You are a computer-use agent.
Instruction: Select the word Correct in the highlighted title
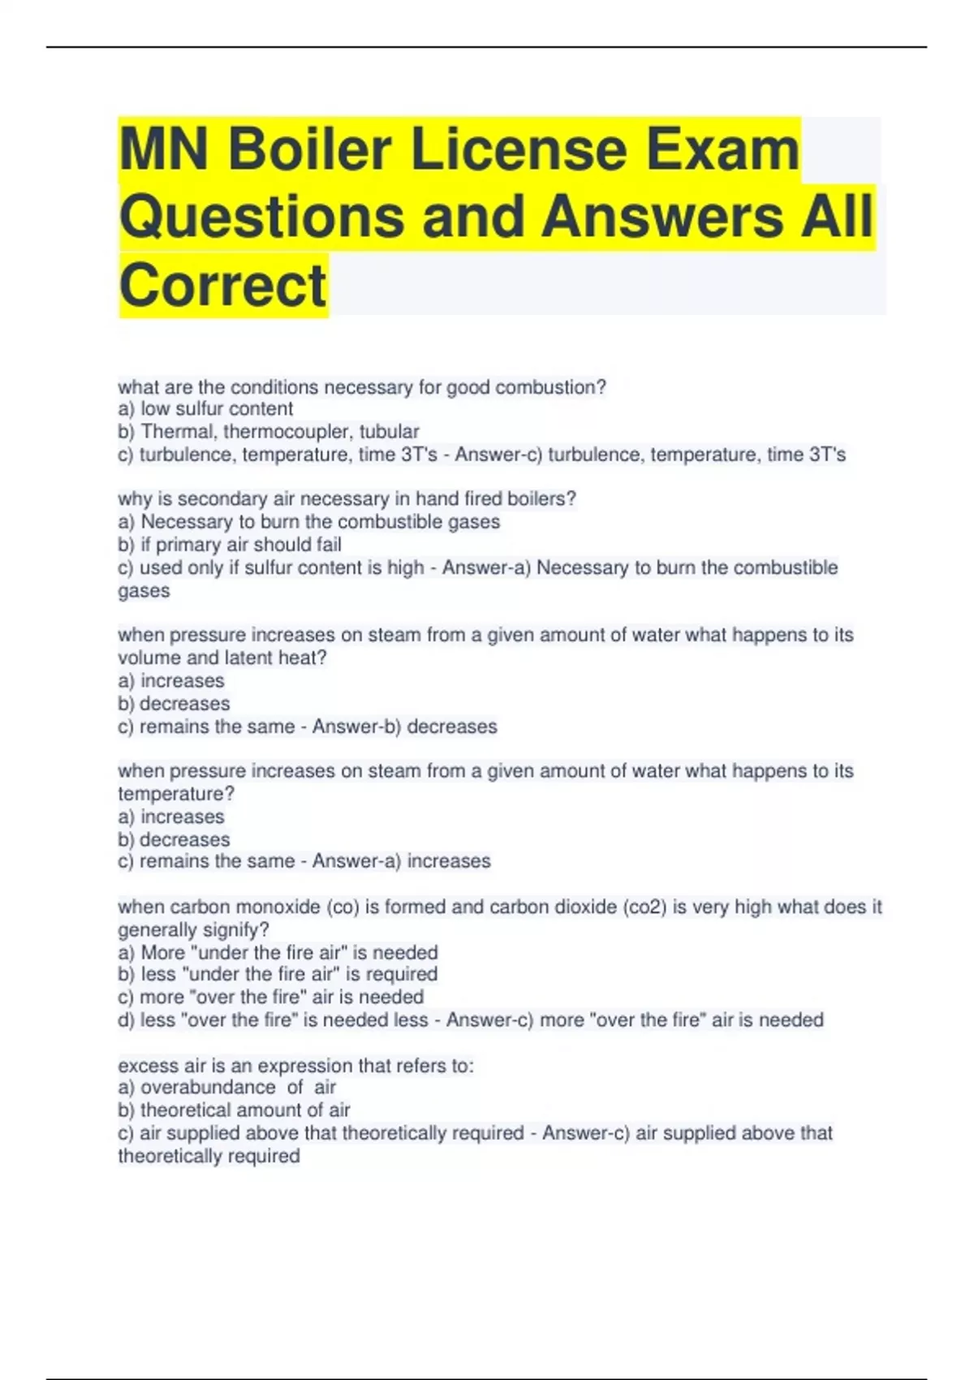[x=223, y=286]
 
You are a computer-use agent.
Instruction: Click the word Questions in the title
[x=261, y=217]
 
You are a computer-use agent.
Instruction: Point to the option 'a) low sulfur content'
[x=205, y=409]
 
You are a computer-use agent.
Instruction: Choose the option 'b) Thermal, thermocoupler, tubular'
[x=269, y=432]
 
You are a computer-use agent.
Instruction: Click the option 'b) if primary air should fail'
[x=230, y=545]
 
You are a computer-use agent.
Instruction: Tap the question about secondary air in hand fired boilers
[x=347, y=498]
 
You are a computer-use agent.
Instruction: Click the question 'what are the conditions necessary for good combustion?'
[x=362, y=387]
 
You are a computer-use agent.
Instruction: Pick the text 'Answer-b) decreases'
[x=404, y=727]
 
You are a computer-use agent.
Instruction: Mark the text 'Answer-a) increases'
[x=401, y=861]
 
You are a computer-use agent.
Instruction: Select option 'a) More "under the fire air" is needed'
[x=278, y=952]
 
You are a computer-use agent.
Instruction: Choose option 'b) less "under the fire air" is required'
[x=278, y=974]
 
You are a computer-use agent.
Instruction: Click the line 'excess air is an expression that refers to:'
[x=295, y=1065]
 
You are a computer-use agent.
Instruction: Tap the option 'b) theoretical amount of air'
[x=234, y=1110]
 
